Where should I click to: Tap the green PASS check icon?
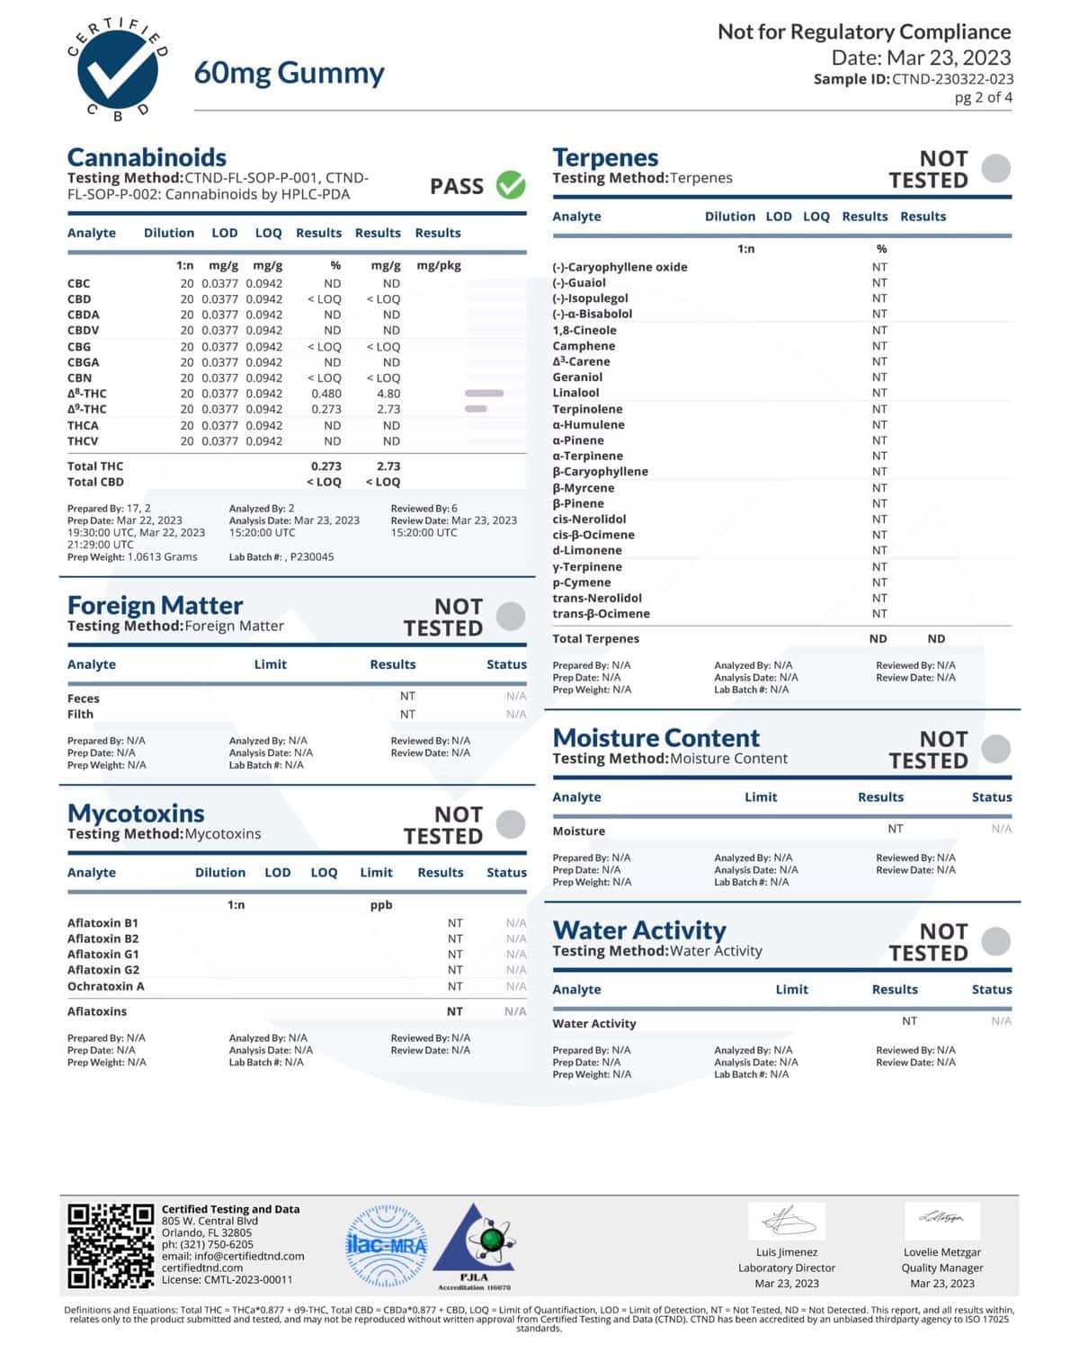click(511, 185)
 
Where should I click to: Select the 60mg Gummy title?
click(289, 73)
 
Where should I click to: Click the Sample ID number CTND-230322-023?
click(952, 79)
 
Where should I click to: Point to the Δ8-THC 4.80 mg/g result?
click(388, 394)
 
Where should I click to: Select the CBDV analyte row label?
click(83, 331)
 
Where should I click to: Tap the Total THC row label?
click(95, 467)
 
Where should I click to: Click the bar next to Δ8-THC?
click(484, 394)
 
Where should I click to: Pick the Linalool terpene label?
click(575, 393)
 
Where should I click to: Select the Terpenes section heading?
click(605, 157)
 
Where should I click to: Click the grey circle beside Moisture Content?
click(995, 749)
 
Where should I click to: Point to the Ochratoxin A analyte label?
click(105, 986)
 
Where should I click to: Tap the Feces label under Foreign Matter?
click(84, 698)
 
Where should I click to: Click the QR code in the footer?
click(111, 1246)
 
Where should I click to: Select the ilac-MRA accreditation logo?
click(387, 1246)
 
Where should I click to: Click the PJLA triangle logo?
click(474, 1245)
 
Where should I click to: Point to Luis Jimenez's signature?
click(787, 1221)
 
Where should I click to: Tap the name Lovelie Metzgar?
click(941, 1252)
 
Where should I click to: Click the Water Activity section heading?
click(639, 930)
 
